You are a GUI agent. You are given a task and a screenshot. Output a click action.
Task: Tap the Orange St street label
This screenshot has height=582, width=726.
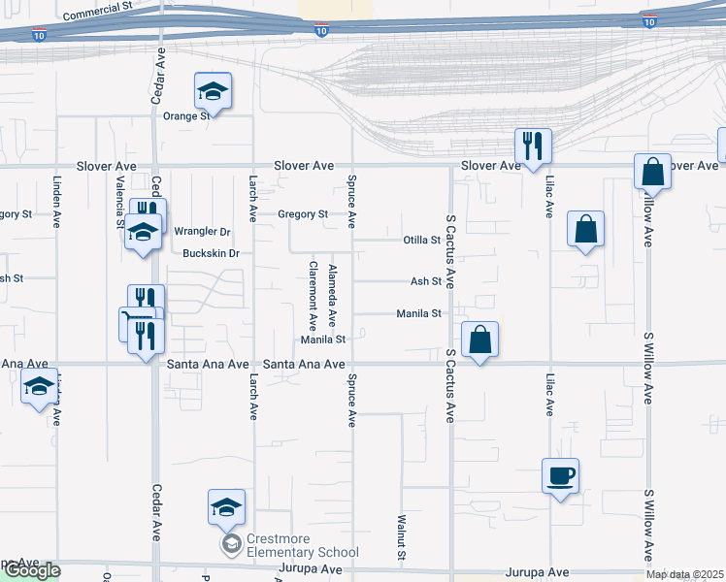point(185,116)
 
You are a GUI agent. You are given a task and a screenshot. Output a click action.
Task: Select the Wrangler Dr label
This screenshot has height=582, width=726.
point(203,232)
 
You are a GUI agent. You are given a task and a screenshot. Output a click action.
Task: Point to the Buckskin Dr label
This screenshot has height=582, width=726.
point(211,253)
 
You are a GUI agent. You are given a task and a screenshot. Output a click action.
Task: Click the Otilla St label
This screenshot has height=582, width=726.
point(422,240)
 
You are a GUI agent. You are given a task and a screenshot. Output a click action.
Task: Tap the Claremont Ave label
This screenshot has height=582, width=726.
point(313,296)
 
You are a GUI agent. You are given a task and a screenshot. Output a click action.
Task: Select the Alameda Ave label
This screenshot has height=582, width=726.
point(332,296)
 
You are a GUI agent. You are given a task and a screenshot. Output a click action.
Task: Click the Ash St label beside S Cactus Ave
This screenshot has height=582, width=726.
point(426,281)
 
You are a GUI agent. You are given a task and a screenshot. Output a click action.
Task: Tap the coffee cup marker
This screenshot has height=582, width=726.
point(560,476)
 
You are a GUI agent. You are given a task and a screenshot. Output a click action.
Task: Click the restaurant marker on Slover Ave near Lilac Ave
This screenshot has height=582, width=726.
point(533,146)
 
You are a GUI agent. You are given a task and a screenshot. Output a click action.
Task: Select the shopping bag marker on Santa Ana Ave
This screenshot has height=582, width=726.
point(479,340)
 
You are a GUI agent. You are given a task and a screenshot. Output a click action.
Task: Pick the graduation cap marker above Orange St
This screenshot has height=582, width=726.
point(213,91)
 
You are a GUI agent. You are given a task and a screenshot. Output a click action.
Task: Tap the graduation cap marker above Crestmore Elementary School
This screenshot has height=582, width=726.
point(225,507)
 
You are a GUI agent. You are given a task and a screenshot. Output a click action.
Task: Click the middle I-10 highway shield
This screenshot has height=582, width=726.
point(321,31)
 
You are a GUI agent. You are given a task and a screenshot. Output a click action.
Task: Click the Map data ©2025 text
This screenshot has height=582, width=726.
point(684,574)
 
